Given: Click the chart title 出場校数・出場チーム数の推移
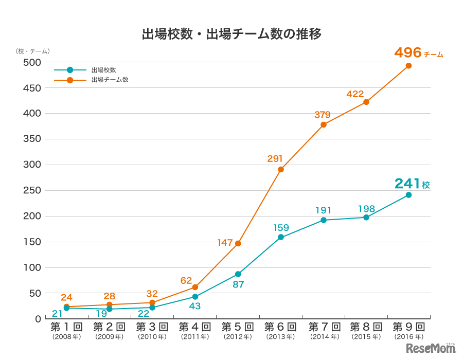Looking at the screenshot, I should (232, 34).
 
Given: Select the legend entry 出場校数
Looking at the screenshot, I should (103, 70).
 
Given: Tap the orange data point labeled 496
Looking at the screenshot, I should (408, 66).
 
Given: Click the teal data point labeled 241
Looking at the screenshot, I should (408, 195).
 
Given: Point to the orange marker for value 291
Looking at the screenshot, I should (281, 169).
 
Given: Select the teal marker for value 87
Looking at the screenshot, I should (238, 274).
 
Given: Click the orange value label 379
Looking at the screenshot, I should (323, 115).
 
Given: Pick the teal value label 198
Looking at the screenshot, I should (366, 209).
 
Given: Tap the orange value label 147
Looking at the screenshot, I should (225, 243).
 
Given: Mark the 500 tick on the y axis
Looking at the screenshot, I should (32, 62).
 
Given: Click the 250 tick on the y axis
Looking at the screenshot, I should (32, 191).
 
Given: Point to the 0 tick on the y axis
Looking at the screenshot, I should (38, 319).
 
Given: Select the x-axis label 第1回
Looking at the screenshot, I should (66, 327).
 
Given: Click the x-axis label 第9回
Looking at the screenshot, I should (408, 327).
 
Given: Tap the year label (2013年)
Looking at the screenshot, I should (280, 337).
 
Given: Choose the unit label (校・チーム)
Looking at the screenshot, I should (33, 51).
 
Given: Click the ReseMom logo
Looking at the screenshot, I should (431, 348).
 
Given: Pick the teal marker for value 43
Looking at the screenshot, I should (195, 297).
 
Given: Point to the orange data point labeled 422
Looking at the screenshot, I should (366, 102).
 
